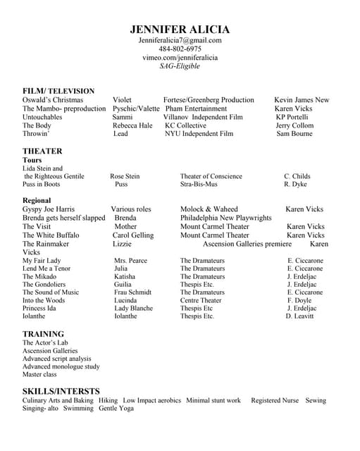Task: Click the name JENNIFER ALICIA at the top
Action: tap(180, 29)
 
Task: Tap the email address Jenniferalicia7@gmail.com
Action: tap(180, 41)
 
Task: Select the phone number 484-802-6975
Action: tap(180, 49)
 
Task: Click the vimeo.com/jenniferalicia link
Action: tap(180, 58)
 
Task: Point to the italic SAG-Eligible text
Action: tap(180, 66)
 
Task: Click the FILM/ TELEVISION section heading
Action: tap(58, 91)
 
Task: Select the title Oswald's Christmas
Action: tap(53, 100)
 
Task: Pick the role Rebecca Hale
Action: tap(132, 125)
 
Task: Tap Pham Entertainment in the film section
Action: tap(196, 109)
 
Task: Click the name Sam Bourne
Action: tap(294, 134)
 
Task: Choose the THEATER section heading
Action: tap(42, 151)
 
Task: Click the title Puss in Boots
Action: tap(41, 185)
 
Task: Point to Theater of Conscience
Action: tap(211, 176)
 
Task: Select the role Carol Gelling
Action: tap(133, 235)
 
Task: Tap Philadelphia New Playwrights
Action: tap(225, 218)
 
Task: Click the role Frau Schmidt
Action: tap(132, 292)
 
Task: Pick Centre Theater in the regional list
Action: tap(201, 300)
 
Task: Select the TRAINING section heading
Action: tap(43, 334)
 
